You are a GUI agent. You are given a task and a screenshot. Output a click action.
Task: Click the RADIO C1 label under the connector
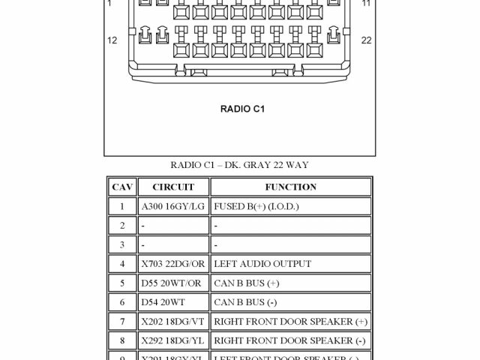242,109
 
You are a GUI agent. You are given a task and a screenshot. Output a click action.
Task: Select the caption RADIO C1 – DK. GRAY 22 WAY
239,165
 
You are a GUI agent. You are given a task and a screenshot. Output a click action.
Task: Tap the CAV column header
121,187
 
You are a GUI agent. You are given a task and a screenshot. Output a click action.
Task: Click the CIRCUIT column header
173,187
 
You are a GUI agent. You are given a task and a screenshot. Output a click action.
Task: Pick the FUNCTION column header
290,187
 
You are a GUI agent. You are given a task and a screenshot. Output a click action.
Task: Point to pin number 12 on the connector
112,40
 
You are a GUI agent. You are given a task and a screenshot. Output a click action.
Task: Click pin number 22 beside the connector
366,40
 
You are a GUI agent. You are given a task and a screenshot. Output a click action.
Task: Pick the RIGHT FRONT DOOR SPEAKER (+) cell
290,322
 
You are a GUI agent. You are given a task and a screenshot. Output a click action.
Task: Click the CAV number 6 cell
121,302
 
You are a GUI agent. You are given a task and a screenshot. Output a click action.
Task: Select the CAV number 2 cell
121,225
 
